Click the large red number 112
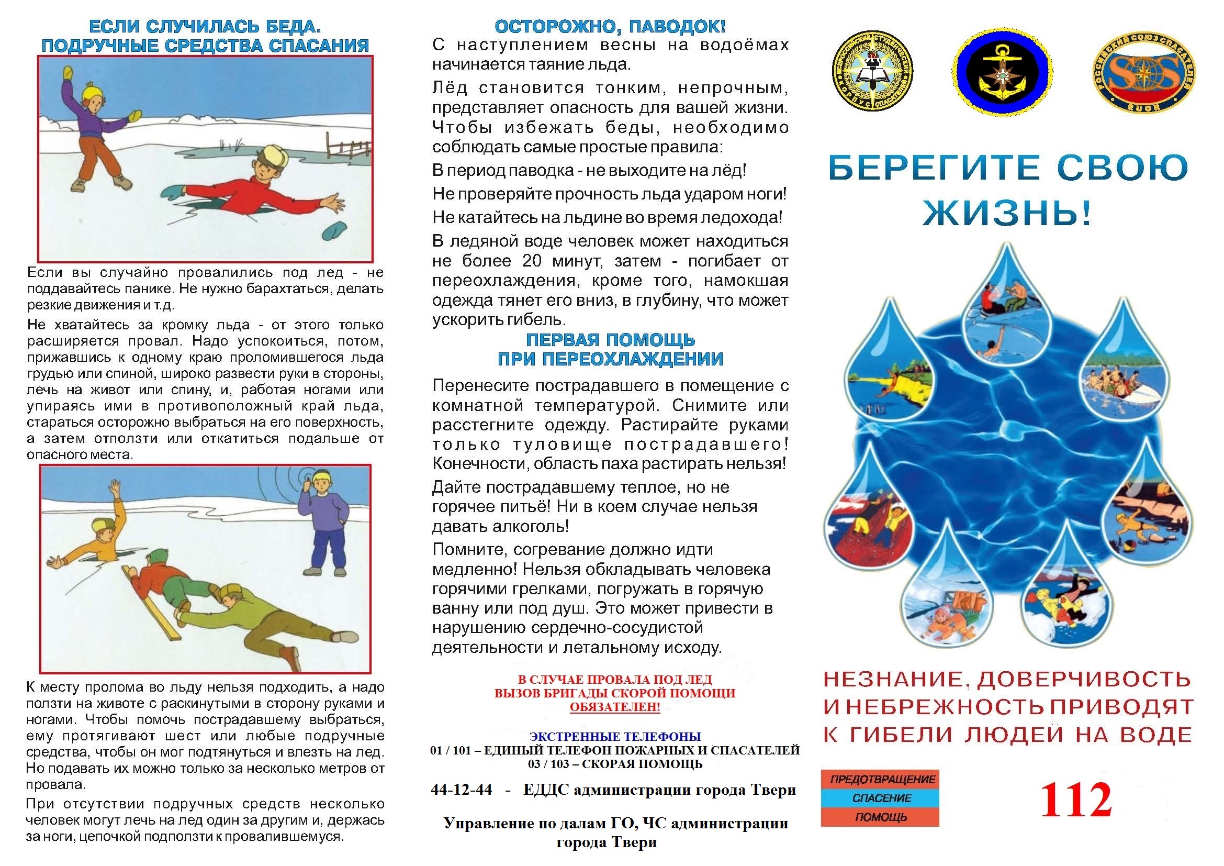[1076, 800]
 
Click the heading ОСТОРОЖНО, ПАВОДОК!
[610, 27]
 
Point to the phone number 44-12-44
[462, 790]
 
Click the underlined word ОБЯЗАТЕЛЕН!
[615, 708]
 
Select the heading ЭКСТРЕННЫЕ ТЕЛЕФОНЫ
[615, 737]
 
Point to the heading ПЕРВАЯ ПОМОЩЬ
[610, 340]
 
